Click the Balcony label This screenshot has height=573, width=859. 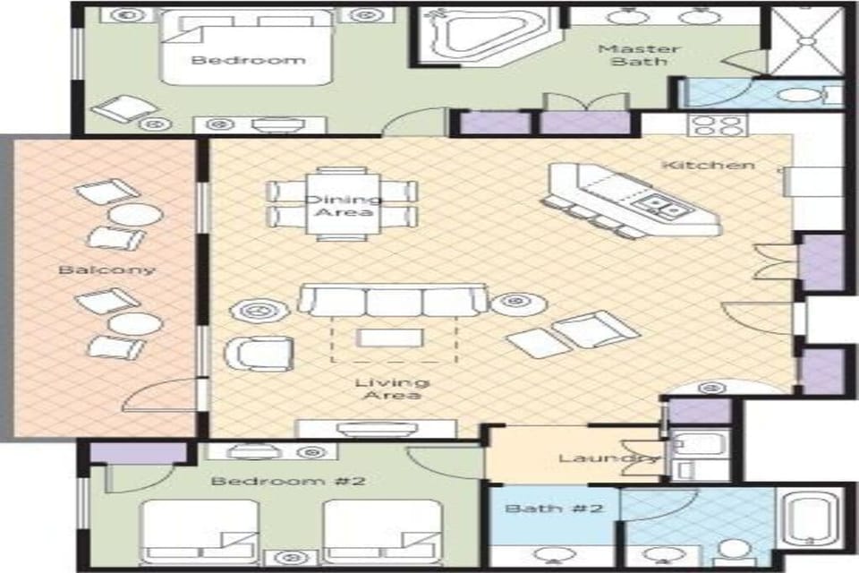pos(106,269)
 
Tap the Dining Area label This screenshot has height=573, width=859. pos(342,207)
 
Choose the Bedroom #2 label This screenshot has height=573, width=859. pos(288,481)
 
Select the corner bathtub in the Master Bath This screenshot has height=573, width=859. pos(484,35)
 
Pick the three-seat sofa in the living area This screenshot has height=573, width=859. pos(392,301)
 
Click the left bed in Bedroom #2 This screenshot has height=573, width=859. pos(200,530)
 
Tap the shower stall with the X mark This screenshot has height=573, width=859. pos(806,41)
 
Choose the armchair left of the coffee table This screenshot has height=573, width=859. pos(259,352)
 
